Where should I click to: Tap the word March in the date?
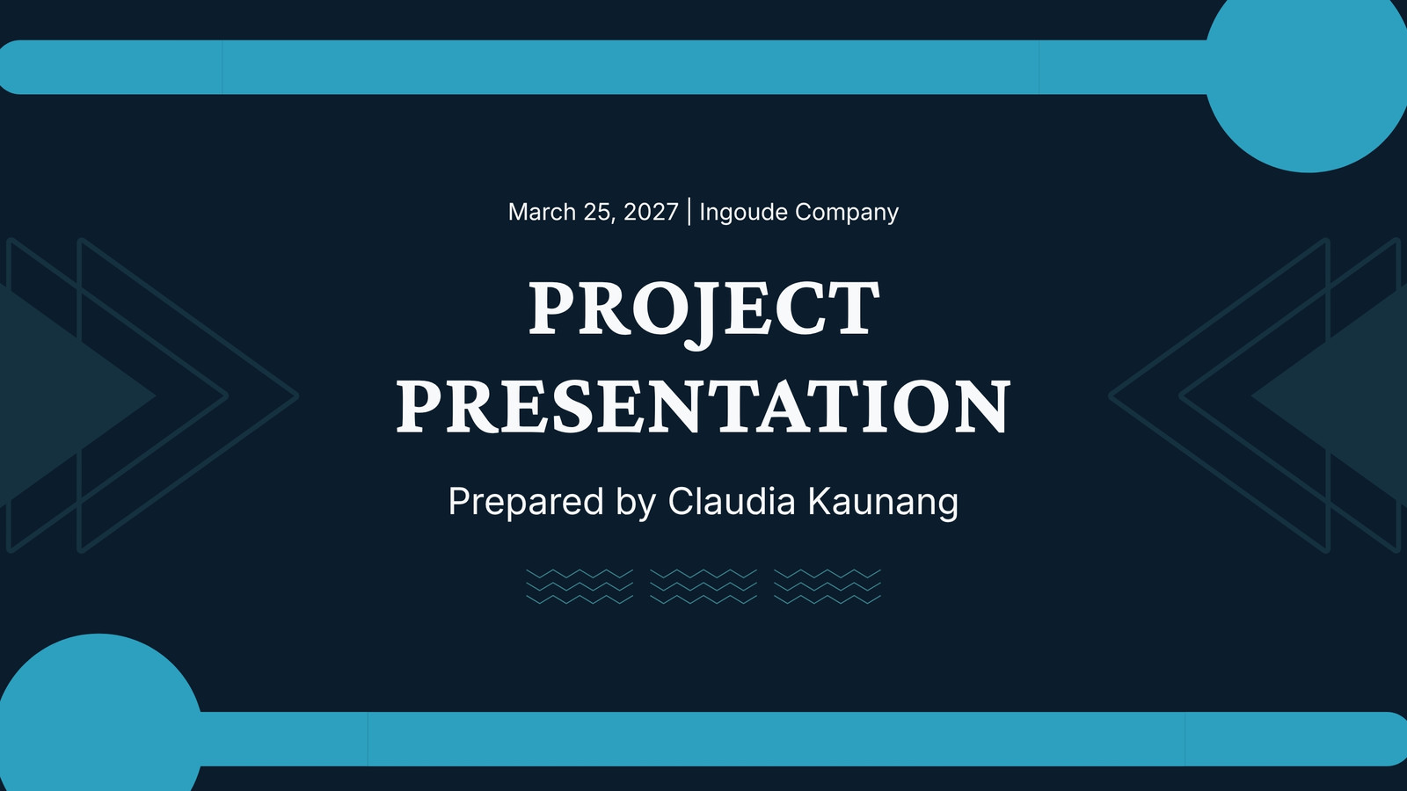point(542,212)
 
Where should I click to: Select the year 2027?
point(651,212)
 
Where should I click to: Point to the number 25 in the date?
point(598,213)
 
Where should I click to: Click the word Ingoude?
point(743,213)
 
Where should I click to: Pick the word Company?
point(847,213)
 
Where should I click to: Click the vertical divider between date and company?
point(689,212)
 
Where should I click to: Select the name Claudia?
point(732,501)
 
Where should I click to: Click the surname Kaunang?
point(883,503)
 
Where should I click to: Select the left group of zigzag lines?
point(580,587)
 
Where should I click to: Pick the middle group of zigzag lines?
point(703,587)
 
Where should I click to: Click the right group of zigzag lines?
point(827,587)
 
